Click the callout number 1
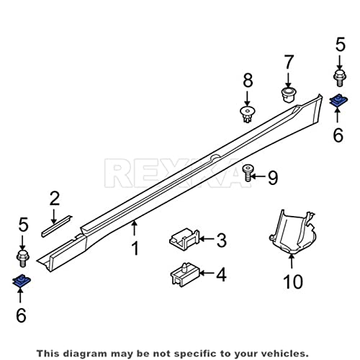point(135,248)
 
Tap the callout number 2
point(55,198)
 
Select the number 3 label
point(221,240)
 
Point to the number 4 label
point(221,275)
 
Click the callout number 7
point(289,62)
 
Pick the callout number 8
point(248,80)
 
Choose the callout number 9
point(273,178)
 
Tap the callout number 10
point(293,282)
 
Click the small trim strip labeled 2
point(57,226)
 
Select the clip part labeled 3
point(184,239)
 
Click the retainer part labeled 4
point(184,274)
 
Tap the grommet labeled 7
point(288,94)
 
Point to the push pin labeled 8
point(247,114)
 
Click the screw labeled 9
point(247,173)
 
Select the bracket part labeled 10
point(292,232)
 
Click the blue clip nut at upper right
point(338,101)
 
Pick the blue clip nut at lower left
point(22,281)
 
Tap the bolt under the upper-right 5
point(339,78)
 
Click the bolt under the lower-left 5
point(23,258)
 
